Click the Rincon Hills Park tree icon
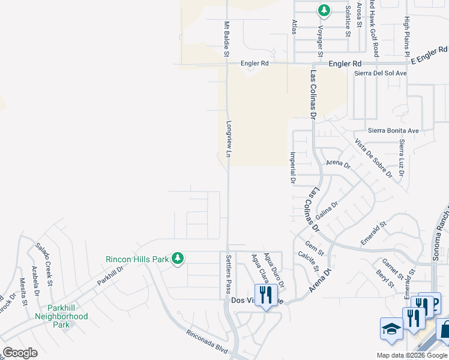[177, 259]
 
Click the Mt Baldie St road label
[227, 40]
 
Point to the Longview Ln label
[229, 140]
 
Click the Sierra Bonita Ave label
[393, 130]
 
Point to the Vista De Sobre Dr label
[373, 158]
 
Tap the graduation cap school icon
[391, 329]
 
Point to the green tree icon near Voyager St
[324, 10]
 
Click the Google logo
[20, 353]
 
